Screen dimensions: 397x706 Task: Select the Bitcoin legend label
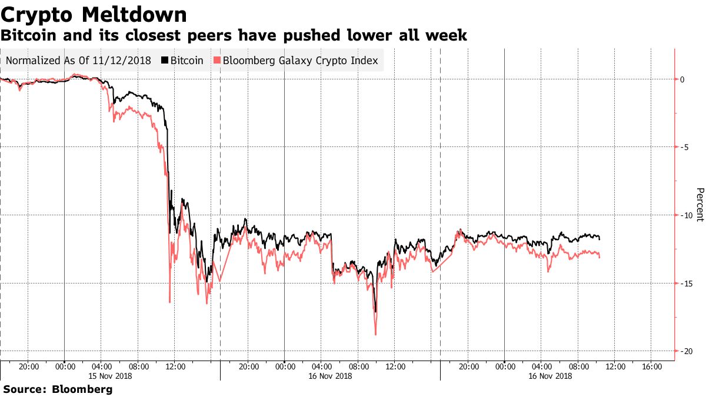coord(187,61)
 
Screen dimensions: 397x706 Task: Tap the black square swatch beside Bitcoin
coord(165,61)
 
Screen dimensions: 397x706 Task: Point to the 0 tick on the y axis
coord(681,79)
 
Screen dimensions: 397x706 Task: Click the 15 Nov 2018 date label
coord(110,376)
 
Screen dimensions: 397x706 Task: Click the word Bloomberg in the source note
coord(82,389)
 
